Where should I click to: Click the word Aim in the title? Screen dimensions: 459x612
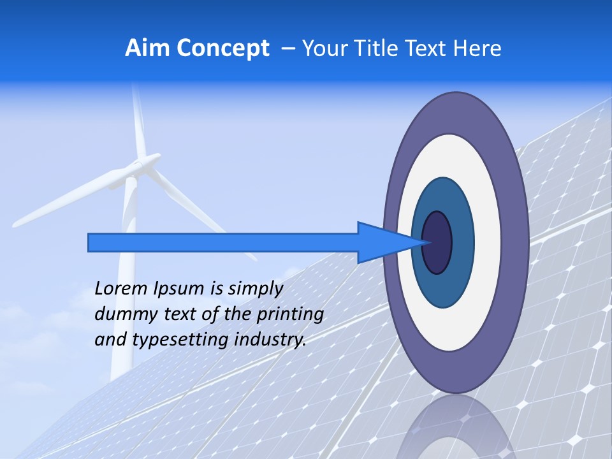coord(147,48)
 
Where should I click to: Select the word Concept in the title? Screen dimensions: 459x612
coord(223,49)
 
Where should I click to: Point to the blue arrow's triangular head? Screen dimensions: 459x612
coord(382,242)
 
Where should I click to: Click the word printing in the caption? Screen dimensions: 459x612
coord(289,314)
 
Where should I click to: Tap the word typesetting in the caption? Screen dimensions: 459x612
coord(180,340)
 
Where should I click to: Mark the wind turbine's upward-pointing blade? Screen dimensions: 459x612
coord(138,121)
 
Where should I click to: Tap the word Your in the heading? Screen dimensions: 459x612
coord(323,48)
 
